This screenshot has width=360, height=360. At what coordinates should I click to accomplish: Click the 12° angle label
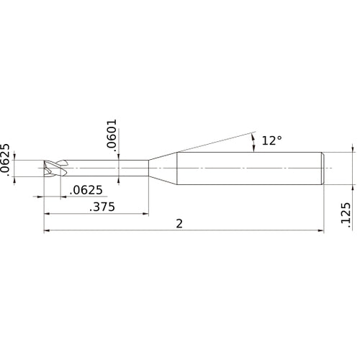[x=271, y=141]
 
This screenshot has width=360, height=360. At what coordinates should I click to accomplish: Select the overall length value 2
[x=179, y=224]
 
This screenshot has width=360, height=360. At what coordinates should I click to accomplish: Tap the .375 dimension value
[x=102, y=207]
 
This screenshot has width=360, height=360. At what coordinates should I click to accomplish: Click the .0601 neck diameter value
[x=111, y=135]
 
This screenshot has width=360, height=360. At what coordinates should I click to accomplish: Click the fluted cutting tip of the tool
[x=55, y=168]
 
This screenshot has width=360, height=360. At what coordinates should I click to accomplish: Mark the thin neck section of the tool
[x=108, y=168]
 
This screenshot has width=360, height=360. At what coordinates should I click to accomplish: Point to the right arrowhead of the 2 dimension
[x=319, y=232]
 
